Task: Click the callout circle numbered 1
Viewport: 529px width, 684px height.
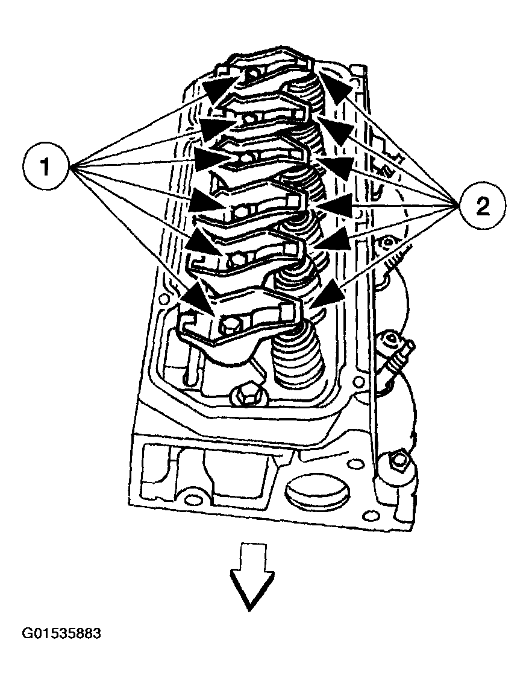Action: (x=46, y=166)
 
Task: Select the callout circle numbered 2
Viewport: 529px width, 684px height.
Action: (x=483, y=207)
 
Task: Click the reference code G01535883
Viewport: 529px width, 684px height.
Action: (x=61, y=634)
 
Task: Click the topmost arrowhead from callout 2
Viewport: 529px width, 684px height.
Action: (x=337, y=84)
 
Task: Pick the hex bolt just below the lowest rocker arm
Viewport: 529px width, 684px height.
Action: (x=244, y=395)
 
